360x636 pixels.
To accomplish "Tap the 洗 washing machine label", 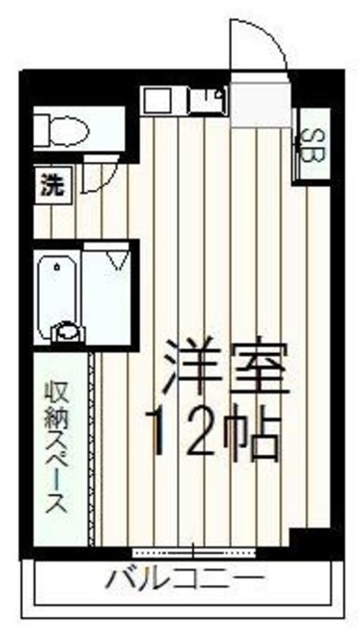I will [51, 183].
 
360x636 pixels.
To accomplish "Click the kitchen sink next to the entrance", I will [207, 99].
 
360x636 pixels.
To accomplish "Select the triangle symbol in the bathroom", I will [118, 260].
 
